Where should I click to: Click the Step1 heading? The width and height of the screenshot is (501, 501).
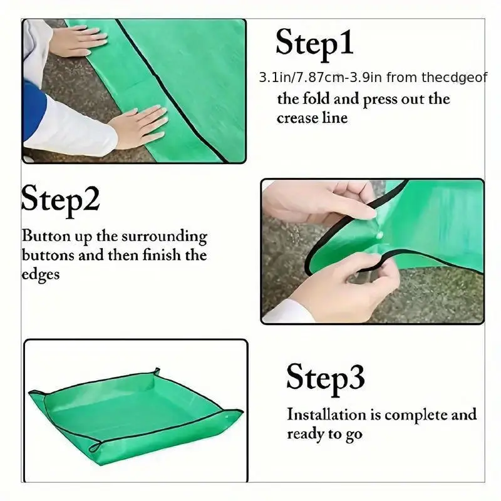tap(314, 44)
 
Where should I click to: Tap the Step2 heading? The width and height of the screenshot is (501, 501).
tap(60, 200)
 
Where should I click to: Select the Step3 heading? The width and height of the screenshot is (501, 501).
tap(325, 379)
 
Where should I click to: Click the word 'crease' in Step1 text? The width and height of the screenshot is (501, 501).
tap(297, 118)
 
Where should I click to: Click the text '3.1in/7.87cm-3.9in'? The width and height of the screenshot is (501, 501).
tap(321, 77)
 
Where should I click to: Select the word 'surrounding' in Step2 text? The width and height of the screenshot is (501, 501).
tap(164, 237)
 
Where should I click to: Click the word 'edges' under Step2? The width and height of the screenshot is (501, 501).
tap(41, 275)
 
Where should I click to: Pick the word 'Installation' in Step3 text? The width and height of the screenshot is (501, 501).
tap(326, 415)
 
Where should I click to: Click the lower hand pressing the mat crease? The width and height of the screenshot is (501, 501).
tap(138, 127)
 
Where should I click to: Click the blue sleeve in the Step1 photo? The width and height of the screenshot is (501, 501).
tap(34, 109)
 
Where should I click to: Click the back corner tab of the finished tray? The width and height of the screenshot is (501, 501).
tap(157, 371)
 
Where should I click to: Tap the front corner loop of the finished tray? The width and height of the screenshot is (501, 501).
tap(96, 447)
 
